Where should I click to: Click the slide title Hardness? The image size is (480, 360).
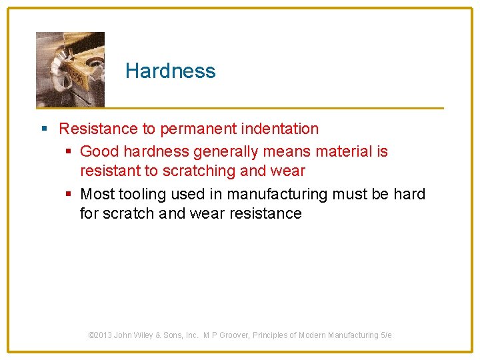pos(170,71)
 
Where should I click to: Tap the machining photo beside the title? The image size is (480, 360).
pos(70,69)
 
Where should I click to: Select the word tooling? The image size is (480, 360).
pos(143,195)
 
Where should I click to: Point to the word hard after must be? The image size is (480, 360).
pos(409,195)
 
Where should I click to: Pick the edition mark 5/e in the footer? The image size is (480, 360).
pos(386,335)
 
